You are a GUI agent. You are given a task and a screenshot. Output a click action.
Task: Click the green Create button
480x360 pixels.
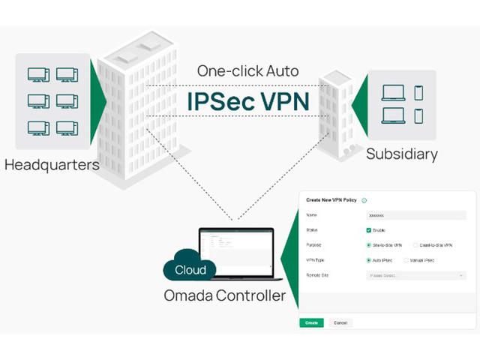pyautogui.click(x=311, y=322)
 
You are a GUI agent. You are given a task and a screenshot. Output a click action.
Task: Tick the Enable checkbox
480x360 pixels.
pyautogui.click(x=368, y=229)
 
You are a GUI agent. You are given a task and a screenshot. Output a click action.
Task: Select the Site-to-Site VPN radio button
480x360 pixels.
pyautogui.click(x=368, y=244)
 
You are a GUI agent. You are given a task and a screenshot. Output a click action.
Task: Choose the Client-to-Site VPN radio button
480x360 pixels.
pyautogui.click(x=415, y=244)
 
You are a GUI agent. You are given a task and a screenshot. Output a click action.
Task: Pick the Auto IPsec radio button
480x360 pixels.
pyautogui.click(x=368, y=260)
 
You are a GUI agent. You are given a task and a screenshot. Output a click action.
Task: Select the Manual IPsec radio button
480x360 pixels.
pyautogui.click(x=406, y=260)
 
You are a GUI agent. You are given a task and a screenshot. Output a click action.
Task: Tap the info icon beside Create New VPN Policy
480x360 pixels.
pyautogui.click(x=364, y=200)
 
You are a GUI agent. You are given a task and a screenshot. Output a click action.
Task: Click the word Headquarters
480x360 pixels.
pyautogui.click(x=52, y=163)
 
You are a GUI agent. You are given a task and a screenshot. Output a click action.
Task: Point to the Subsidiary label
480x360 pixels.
pyautogui.click(x=401, y=154)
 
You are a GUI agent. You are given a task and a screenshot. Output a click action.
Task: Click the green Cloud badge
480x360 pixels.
pyautogui.click(x=190, y=269)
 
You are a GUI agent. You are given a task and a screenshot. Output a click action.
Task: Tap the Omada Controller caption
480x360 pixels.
pyautogui.click(x=224, y=295)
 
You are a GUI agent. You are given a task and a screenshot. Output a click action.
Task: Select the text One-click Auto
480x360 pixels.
pyautogui.click(x=247, y=72)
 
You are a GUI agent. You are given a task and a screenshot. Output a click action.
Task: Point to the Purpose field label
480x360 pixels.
pyautogui.click(x=313, y=244)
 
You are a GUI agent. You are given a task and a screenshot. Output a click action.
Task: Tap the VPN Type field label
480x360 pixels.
pyautogui.click(x=315, y=260)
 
